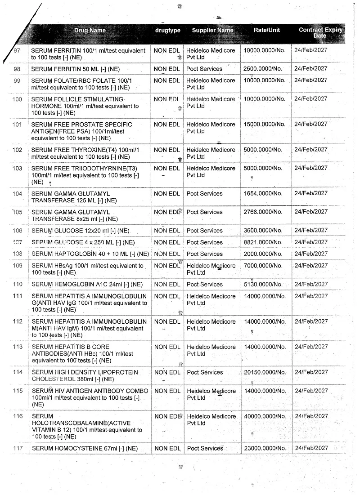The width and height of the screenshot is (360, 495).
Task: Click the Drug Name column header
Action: click(x=90, y=31)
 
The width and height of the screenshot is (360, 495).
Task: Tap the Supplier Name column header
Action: click(x=212, y=31)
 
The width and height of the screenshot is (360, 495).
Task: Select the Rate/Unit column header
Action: click(x=267, y=30)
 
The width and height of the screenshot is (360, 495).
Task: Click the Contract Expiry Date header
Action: click(x=320, y=32)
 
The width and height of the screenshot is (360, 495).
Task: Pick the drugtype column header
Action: click(x=167, y=31)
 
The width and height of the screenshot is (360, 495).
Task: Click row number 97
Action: click(x=18, y=50)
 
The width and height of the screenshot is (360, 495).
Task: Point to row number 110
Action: click(x=18, y=284)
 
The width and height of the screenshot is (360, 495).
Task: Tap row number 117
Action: click(x=18, y=448)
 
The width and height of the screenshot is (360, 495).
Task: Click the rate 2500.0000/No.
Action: click(x=263, y=69)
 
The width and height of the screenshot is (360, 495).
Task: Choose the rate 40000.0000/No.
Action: click(x=265, y=416)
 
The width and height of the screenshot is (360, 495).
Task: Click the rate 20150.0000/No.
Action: click(x=265, y=372)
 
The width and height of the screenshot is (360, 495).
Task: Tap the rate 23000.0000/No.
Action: click(x=265, y=448)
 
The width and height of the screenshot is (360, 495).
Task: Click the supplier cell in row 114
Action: click(x=205, y=372)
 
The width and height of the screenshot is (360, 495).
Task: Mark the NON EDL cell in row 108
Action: click(x=167, y=254)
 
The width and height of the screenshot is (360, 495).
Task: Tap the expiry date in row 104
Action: click(x=311, y=193)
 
